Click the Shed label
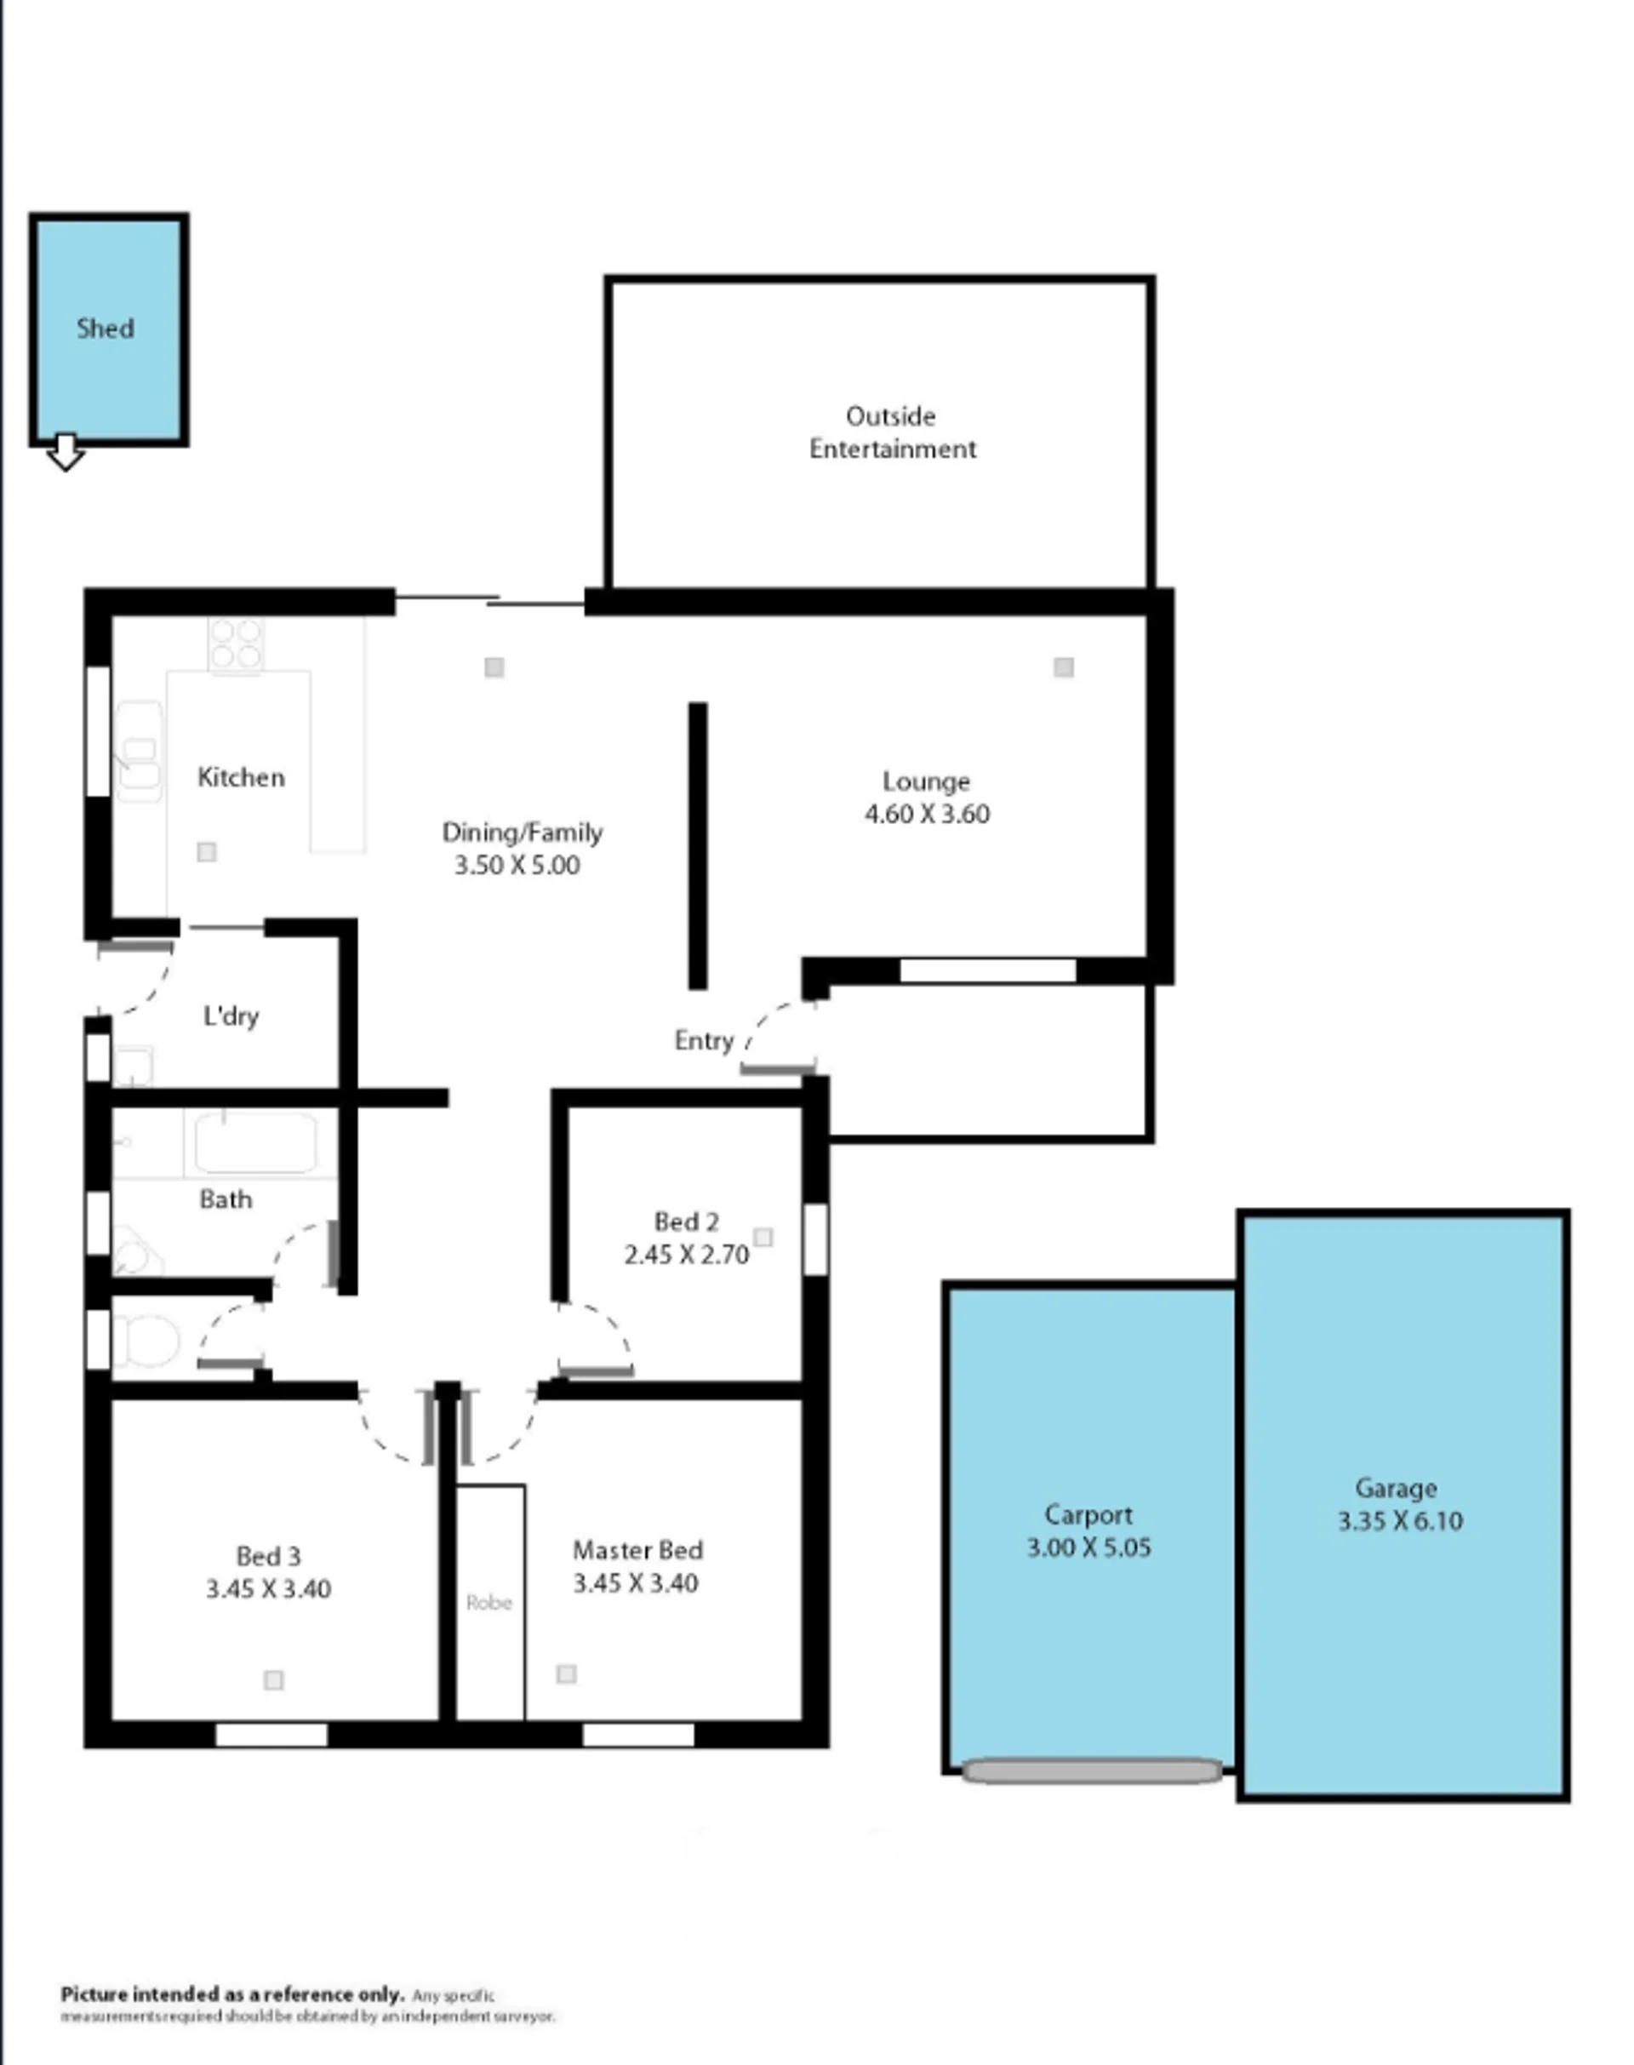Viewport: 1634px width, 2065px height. (106, 329)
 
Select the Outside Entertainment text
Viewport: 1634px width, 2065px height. (893, 432)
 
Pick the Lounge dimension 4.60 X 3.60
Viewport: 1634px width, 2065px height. (927, 815)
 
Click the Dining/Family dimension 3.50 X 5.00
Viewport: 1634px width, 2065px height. (517, 866)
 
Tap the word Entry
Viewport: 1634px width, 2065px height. (704, 1041)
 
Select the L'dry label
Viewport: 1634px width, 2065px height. (231, 1015)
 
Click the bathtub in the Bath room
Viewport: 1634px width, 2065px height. (255, 1141)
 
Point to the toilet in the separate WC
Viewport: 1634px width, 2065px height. (148, 1341)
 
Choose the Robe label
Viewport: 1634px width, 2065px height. (488, 1602)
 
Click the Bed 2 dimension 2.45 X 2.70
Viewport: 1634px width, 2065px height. (687, 1255)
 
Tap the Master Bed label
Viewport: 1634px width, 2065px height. (638, 1550)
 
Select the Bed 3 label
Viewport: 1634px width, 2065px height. (268, 1556)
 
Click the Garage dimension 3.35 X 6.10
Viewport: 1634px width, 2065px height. (1401, 1520)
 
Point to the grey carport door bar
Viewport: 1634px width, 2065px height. (1092, 1771)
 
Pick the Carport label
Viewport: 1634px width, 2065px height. (1088, 1515)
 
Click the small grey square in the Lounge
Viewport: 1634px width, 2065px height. (1064, 667)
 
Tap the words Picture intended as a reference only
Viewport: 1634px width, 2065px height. (232, 1994)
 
